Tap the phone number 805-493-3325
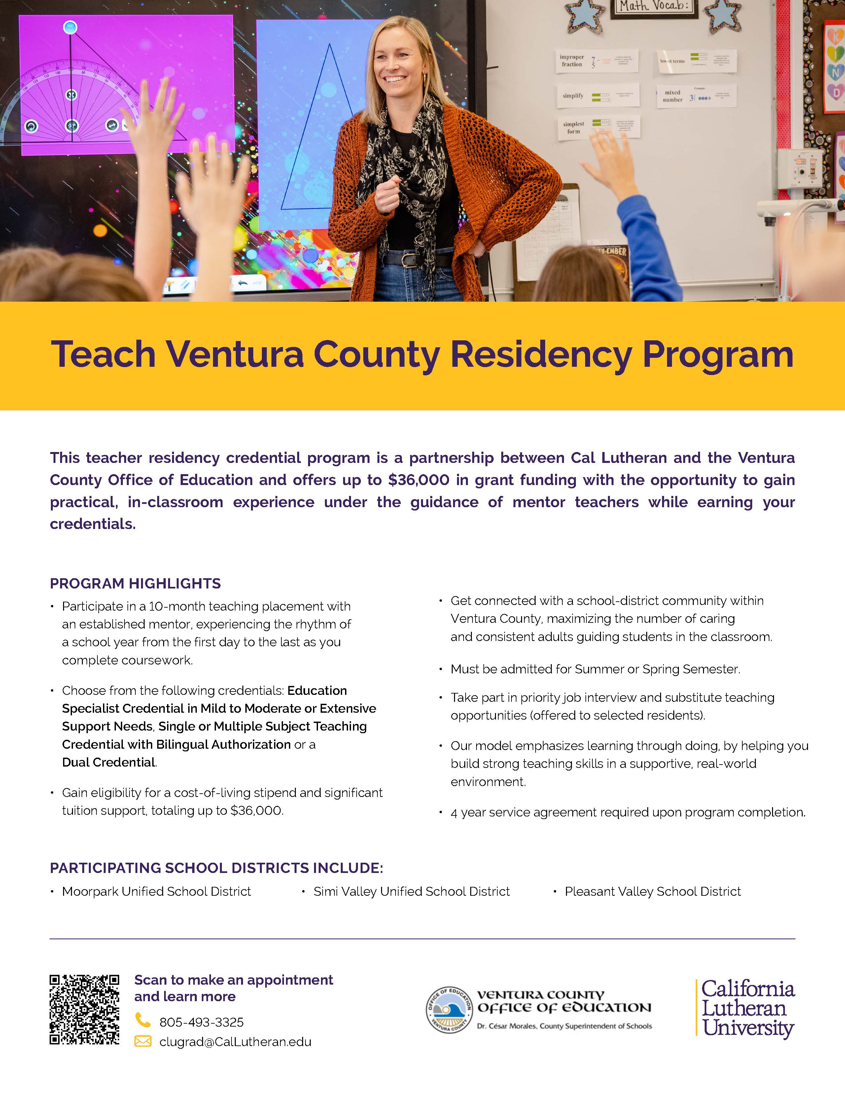point(201,1022)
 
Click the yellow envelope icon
point(143,1042)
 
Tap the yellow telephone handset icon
point(143,1020)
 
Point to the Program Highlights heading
point(135,584)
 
